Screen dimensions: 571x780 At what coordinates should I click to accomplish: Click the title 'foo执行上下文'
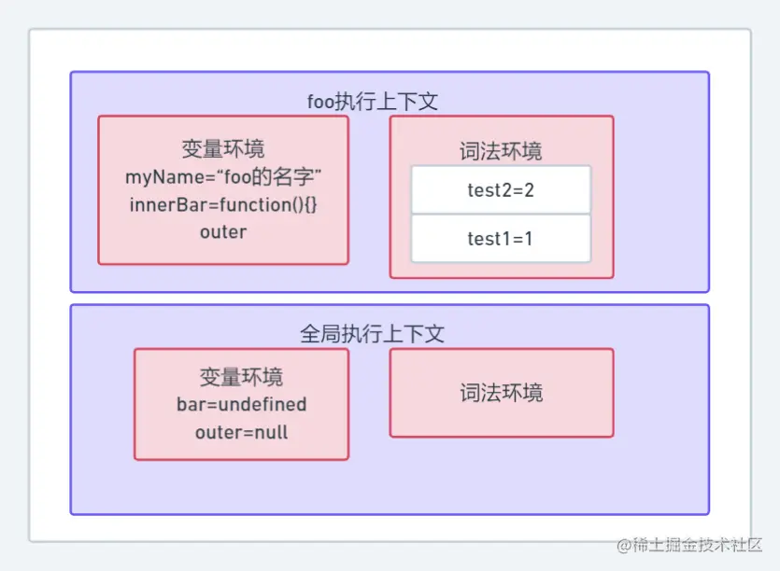373,101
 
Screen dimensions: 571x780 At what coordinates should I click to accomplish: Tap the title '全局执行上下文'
372,333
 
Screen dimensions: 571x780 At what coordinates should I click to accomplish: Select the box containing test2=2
501,190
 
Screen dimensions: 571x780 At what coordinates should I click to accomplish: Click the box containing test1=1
501,239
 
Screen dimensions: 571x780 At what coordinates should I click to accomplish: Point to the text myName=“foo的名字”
223,176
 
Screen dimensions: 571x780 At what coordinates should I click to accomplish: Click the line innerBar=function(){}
223,204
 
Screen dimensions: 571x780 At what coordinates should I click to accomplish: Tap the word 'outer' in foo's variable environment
223,231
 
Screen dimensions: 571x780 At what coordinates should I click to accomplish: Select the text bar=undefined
241,405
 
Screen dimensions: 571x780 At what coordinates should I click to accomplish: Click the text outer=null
241,432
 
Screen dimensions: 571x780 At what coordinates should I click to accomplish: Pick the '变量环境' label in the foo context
223,149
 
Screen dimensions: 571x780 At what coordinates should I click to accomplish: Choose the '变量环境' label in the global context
241,377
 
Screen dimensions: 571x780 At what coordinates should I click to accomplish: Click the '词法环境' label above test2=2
501,151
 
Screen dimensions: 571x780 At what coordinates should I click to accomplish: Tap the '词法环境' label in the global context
501,392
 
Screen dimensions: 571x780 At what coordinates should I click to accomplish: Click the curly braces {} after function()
311,204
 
